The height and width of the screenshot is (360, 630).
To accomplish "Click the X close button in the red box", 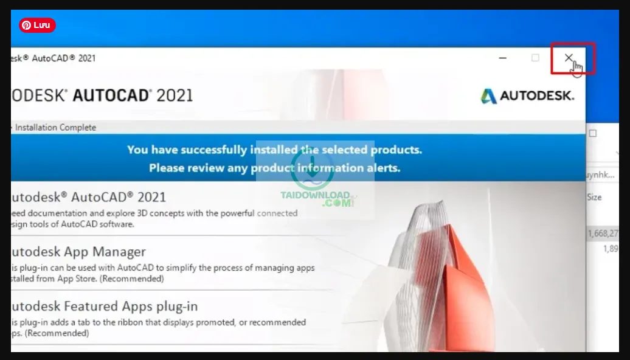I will click(568, 58).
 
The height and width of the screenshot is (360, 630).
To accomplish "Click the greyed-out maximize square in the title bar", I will click(535, 58).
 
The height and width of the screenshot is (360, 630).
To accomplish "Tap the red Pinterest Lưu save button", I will click(37, 25).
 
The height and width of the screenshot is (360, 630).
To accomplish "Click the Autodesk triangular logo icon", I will click(488, 96).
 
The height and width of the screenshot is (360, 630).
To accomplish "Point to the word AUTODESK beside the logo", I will click(537, 96).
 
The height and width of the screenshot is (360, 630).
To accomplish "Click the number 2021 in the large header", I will click(175, 95).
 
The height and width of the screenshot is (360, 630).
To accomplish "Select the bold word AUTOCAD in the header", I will click(111, 95).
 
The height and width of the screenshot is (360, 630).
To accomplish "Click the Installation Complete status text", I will click(55, 128).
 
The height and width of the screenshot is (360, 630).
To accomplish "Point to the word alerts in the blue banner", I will click(383, 168).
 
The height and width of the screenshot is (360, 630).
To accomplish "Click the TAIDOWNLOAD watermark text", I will click(316, 196).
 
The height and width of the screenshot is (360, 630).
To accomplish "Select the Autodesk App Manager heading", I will click(78, 252).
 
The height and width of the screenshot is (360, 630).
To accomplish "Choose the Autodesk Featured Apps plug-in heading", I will click(104, 306).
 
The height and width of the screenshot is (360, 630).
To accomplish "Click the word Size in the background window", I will click(594, 197).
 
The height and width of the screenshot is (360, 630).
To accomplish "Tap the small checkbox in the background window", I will click(593, 133).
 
